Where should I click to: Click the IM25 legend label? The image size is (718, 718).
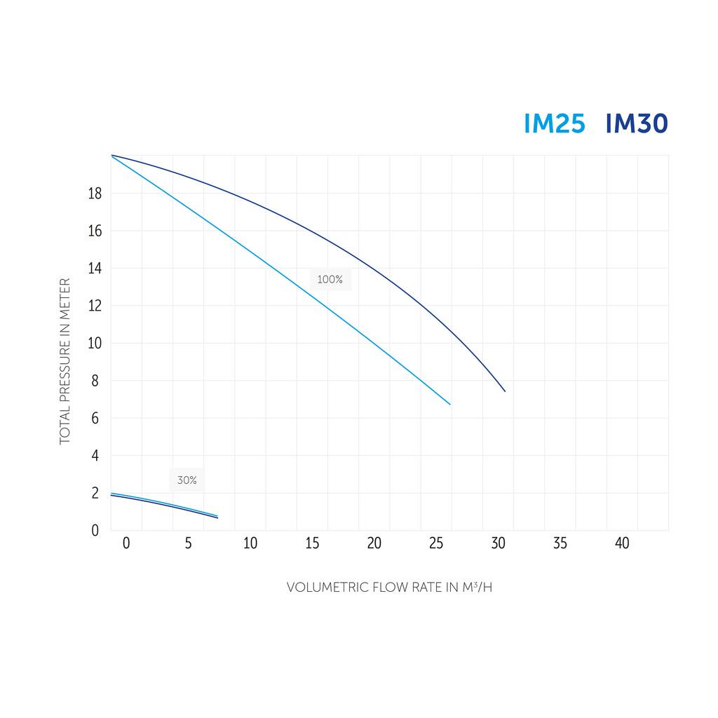554,124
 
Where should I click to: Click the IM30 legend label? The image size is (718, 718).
636,124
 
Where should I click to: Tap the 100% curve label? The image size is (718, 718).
330,280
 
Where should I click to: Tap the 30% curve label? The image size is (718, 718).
187,480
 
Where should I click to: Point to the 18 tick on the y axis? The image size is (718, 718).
95,194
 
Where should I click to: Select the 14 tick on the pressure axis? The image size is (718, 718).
95,269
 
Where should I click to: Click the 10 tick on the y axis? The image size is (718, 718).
95,344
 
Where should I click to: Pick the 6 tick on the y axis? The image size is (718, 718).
95,419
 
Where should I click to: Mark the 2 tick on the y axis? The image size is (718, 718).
95,493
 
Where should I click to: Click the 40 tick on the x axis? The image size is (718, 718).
622,543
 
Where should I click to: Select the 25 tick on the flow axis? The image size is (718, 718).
436,543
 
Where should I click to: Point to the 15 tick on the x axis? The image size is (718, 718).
312,543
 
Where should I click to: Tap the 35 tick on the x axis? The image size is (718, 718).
560,543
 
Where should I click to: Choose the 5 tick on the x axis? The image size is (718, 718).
188,543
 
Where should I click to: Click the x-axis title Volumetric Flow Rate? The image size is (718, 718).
389,588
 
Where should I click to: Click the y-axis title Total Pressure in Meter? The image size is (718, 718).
65,361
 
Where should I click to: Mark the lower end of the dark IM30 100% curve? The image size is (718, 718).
505,391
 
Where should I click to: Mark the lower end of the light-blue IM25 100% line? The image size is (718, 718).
449,404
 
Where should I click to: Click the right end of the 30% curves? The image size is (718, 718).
217,517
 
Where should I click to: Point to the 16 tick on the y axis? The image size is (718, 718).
95,231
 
